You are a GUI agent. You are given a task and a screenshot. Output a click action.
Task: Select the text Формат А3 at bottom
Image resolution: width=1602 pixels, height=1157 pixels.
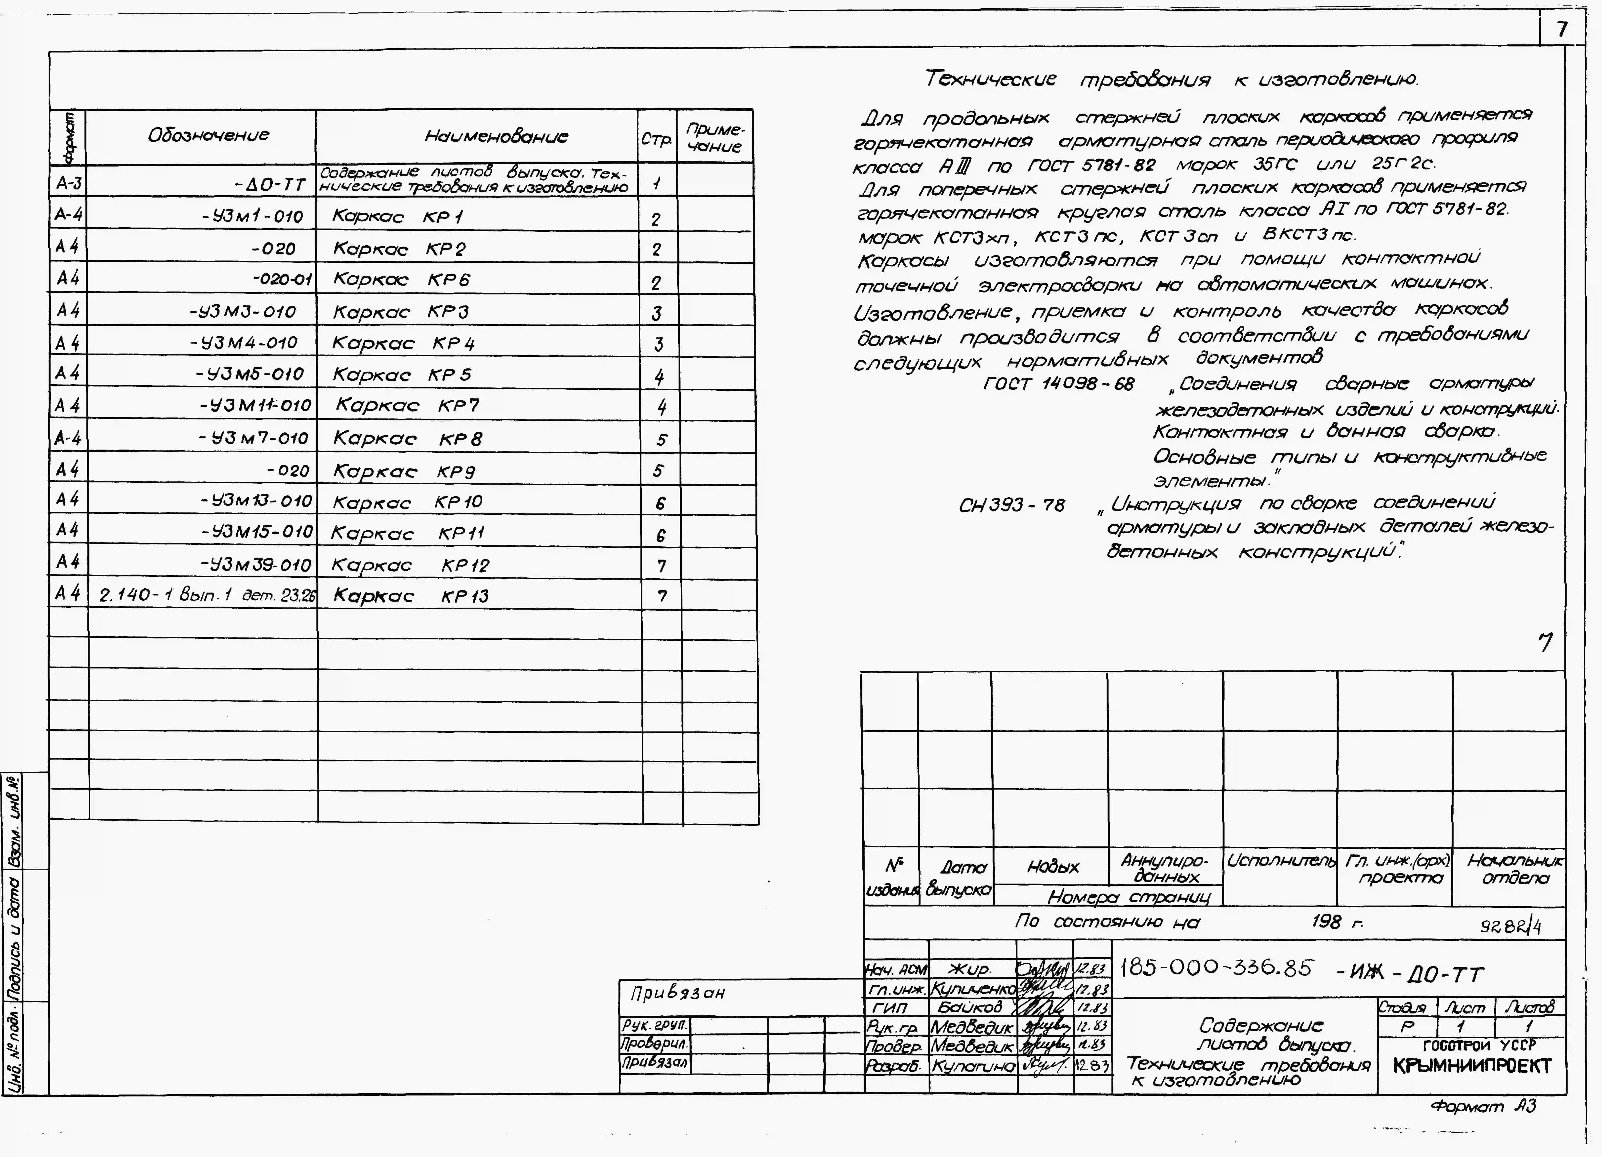tap(1483, 1106)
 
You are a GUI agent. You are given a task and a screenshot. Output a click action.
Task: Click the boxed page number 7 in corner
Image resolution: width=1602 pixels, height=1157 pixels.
tap(1562, 29)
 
